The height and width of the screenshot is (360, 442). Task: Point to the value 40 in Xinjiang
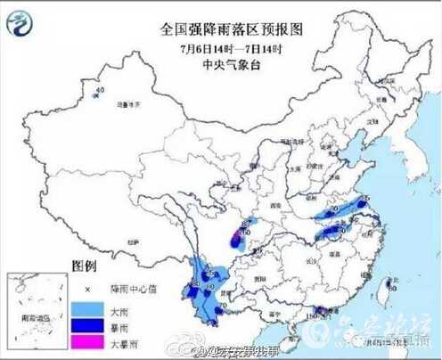(100, 90)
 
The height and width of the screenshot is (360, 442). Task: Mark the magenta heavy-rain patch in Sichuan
(238, 237)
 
